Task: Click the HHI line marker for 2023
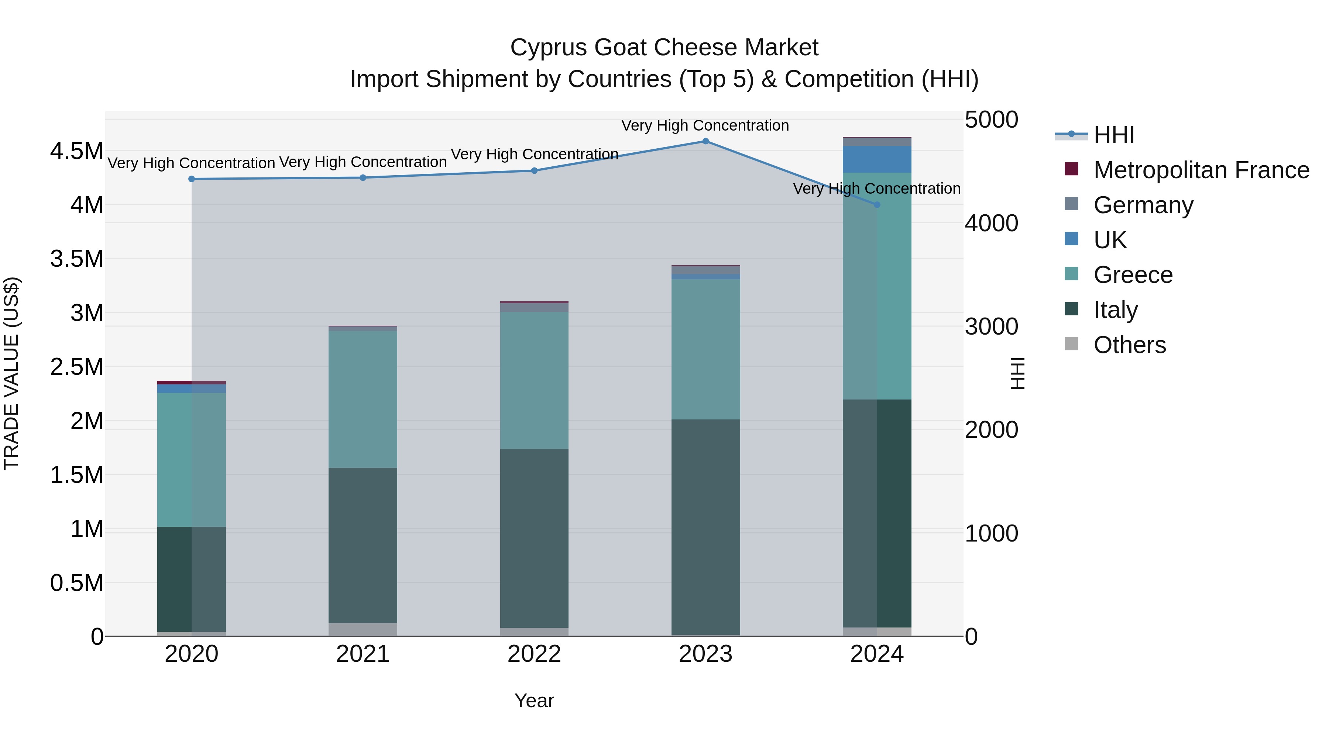pyautogui.click(x=705, y=141)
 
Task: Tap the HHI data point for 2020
pyautogui.click(x=191, y=179)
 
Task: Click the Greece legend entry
pyautogui.click(x=1133, y=275)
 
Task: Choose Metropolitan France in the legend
pyautogui.click(x=1201, y=170)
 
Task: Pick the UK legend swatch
pyautogui.click(x=1071, y=239)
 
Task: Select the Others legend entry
pyautogui.click(x=1129, y=345)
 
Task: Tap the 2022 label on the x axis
pyautogui.click(x=534, y=654)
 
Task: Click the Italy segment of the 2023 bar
pyautogui.click(x=705, y=526)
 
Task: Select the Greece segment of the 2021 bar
pyautogui.click(x=363, y=399)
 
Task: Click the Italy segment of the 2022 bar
pyautogui.click(x=534, y=538)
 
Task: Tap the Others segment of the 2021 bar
pyautogui.click(x=363, y=629)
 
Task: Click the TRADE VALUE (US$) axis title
pyautogui.click(x=11, y=373)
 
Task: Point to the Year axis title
pyautogui.click(x=534, y=701)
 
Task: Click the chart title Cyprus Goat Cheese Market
pyautogui.click(x=664, y=48)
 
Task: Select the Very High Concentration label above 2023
pyautogui.click(x=705, y=125)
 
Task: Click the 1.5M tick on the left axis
pyautogui.click(x=76, y=475)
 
